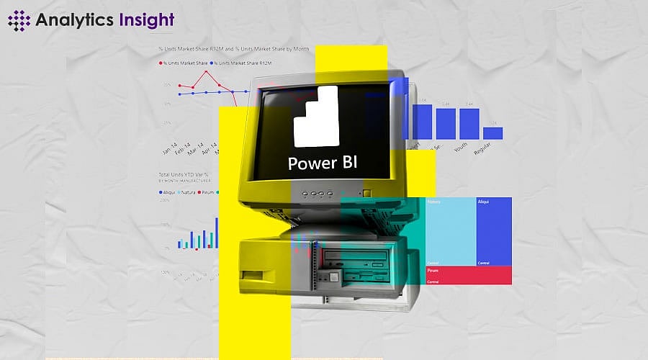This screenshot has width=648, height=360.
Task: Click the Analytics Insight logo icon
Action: pyautogui.click(x=19, y=19)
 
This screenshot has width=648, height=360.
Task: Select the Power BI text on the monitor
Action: pyautogui.click(x=322, y=163)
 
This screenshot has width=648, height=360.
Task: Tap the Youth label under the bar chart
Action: pyautogui.click(x=461, y=148)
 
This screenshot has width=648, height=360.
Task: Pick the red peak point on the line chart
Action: pyautogui.click(x=207, y=71)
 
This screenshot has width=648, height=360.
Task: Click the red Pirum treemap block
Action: pyautogui.click(x=469, y=275)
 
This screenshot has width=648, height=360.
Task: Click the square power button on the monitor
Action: pyautogui.click(x=367, y=193)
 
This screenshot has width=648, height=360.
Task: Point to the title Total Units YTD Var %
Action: pyautogui.click(x=184, y=175)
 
